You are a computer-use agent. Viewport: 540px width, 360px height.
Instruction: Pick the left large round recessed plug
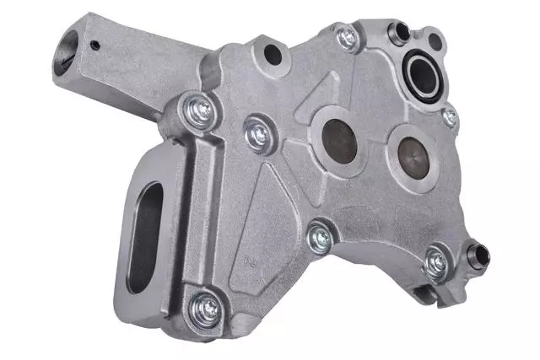pyautogui.click(x=343, y=140)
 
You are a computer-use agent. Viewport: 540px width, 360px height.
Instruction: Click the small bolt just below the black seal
pyautogui.click(x=450, y=117)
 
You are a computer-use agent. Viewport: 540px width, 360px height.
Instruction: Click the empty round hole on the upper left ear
pyautogui.click(x=272, y=55)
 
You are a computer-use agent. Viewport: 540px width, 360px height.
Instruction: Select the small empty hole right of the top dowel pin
pyautogui.click(x=435, y=40)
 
